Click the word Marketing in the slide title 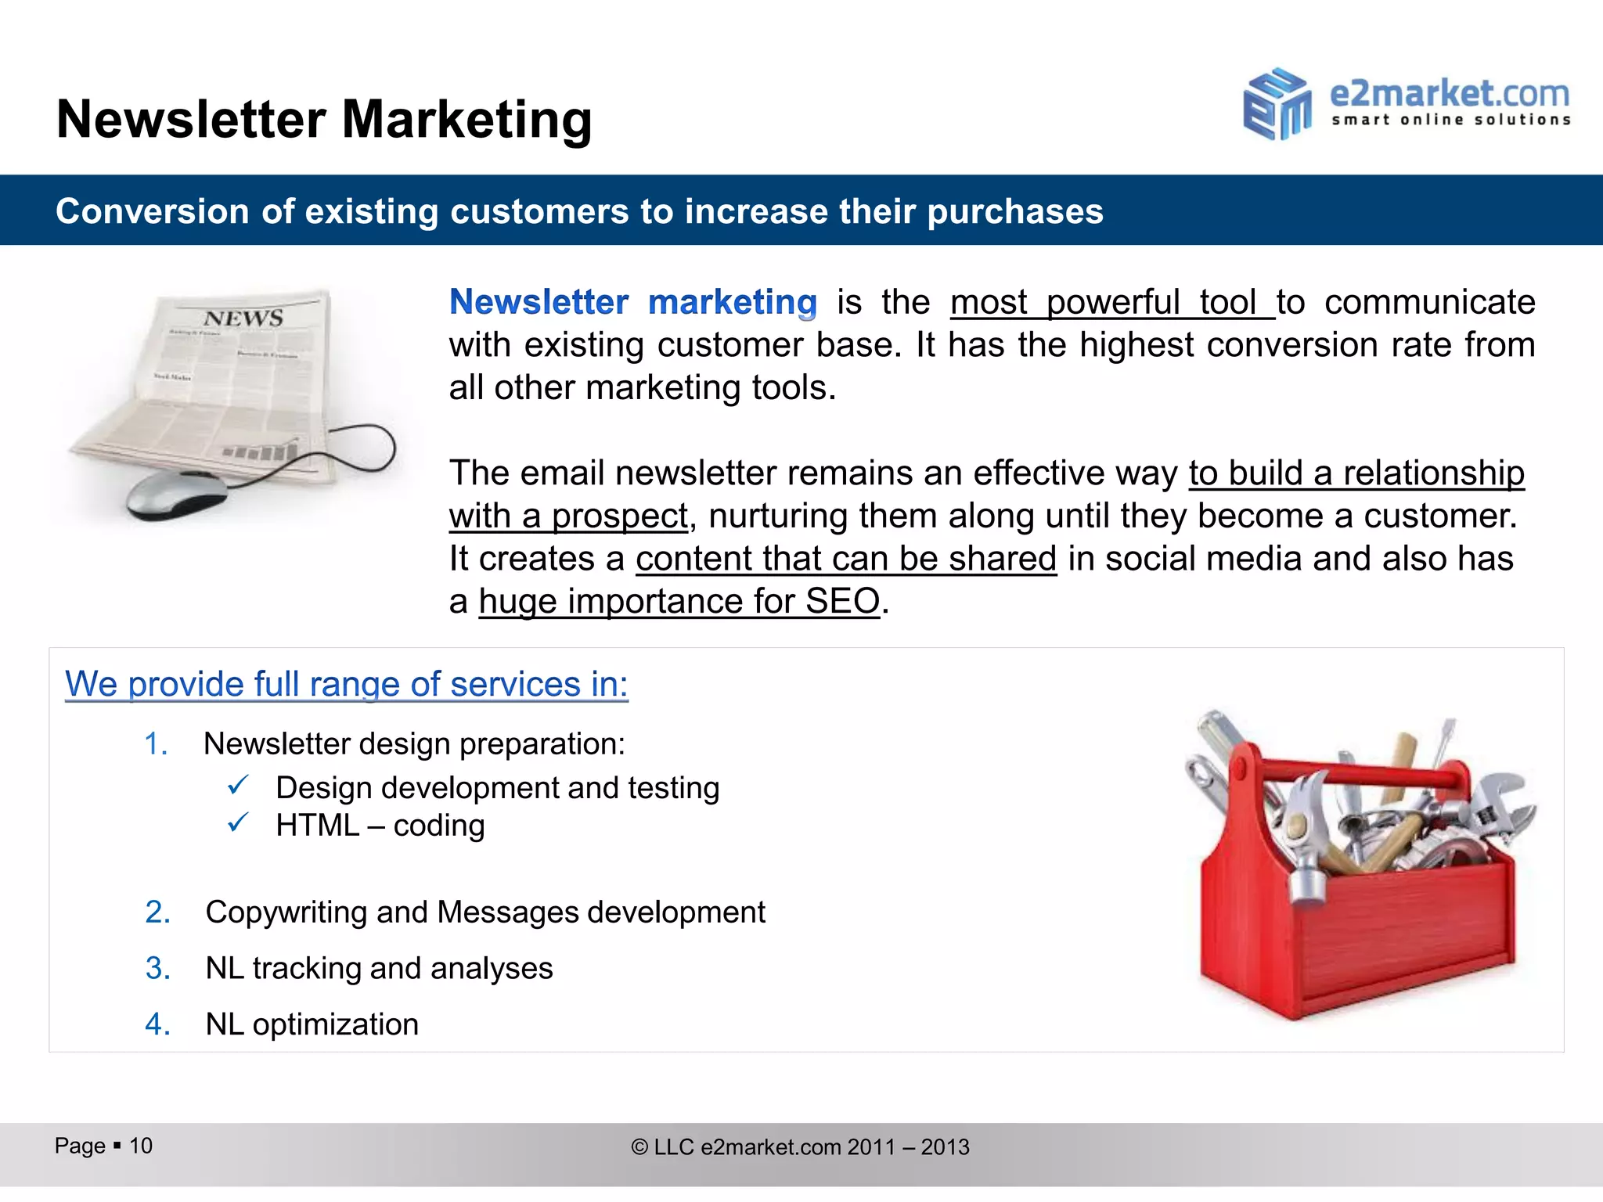[466, 120]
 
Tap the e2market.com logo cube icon [1277, 104]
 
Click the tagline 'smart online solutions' [1450, 120]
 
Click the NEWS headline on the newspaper [243, 318]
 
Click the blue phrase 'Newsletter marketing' [632, 303]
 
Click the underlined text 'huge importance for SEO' [679, 602]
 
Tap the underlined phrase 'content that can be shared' [845, 559]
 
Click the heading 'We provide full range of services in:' [346, 684]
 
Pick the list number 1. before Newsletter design [156, 743]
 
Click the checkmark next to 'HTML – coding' [238, 823]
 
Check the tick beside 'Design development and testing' [238, 785]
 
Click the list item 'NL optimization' [312, 1024]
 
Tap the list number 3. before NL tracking [157, 969]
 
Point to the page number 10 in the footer [141, 1146]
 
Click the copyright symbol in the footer [639, 1147]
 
